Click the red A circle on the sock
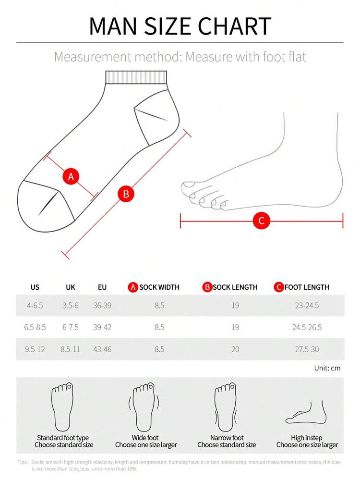pos(71,177)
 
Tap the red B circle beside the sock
pos(126,194)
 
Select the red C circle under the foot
pos(261,221)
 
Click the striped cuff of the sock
pos(136,77)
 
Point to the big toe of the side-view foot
pos(189,185)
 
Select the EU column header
pos(102,287)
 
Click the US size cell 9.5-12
pos(35,349)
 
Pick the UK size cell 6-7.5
pos(71,327)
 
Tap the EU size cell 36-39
pos(102,306)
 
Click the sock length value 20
pos(235,349)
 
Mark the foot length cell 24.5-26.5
pos(307,327)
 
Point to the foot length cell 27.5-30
pos(307,349)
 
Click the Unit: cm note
pos(327,368)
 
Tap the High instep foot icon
pos(306,412)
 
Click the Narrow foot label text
pos(227,438)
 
